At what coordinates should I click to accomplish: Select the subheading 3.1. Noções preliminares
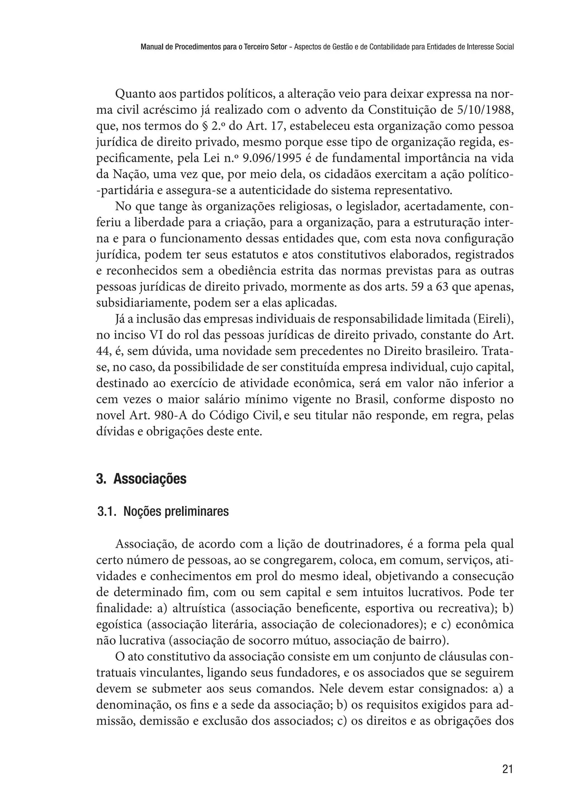pyautogui.click(x=163, y=511)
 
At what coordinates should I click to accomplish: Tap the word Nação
pyautogui.click(x=129, y=175)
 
